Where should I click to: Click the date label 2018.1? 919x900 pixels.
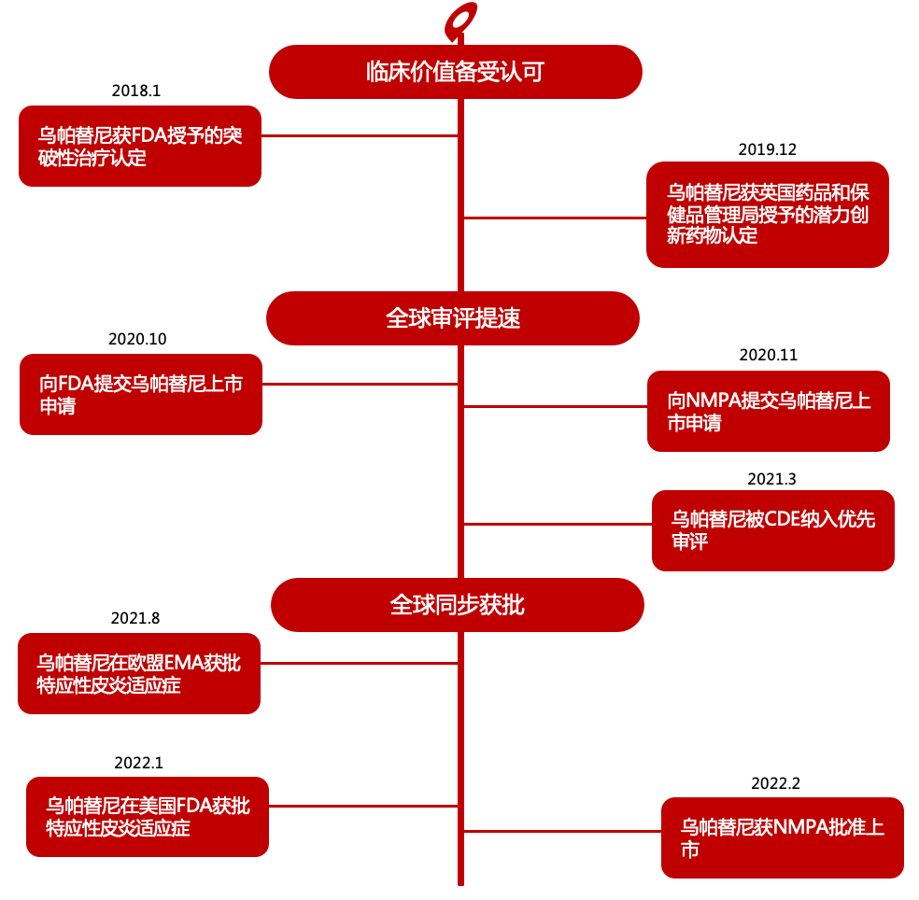136,91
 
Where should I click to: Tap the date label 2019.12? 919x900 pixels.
767,149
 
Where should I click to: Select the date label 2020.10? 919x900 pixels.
137,339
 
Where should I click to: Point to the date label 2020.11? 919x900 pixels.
769,355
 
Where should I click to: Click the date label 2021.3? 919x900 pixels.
771,479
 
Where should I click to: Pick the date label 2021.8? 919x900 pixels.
135,618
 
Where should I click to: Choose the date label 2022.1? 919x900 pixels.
139,763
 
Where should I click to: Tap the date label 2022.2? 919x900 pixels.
775,783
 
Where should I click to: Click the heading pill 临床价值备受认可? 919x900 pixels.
456,72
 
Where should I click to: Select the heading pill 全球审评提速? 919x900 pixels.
452,318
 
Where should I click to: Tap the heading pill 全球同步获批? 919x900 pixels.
457,605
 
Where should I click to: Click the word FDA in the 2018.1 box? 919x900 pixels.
149,136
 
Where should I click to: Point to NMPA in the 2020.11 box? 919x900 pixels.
712,401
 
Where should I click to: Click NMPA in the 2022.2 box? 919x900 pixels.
800,827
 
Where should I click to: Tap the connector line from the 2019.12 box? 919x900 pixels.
555,218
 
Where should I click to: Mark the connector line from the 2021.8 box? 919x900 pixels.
359,663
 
